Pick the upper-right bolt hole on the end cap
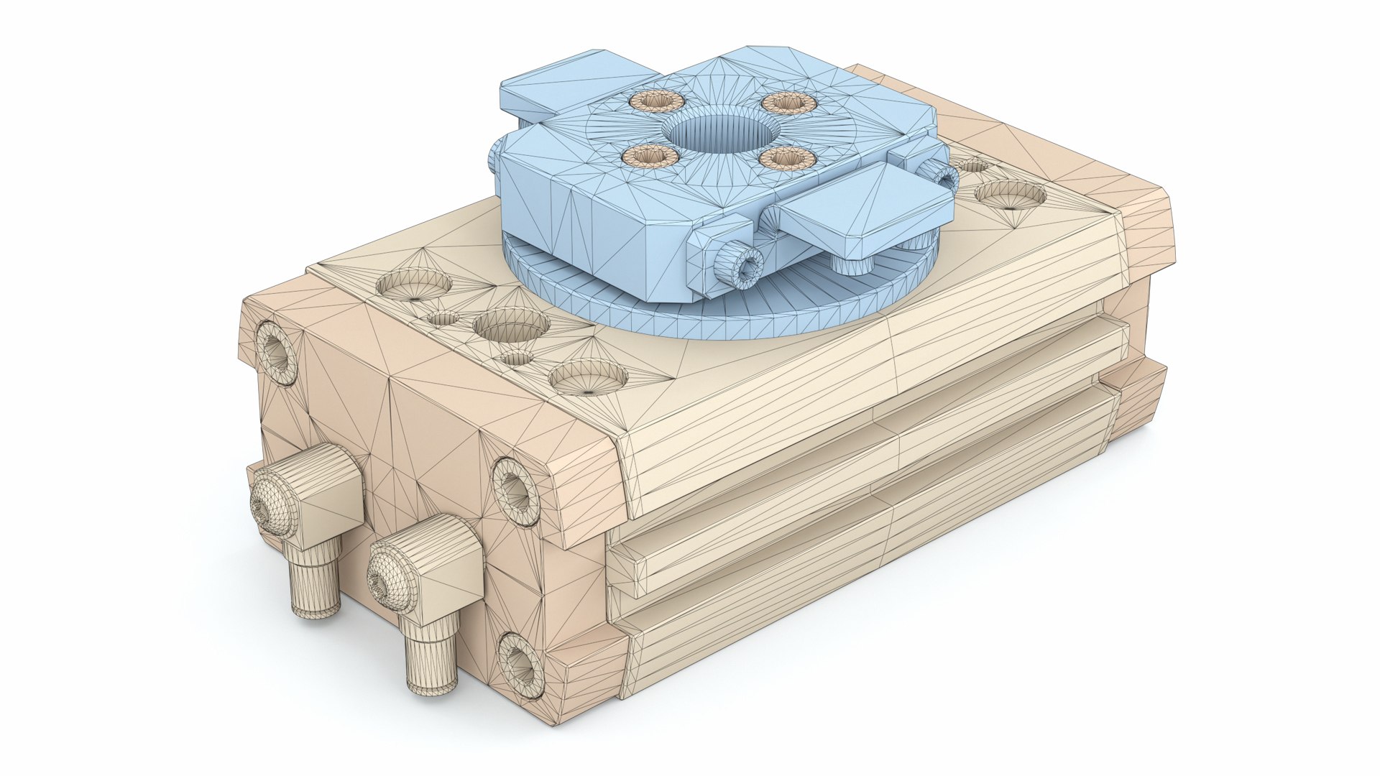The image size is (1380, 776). tap(515, 489)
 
